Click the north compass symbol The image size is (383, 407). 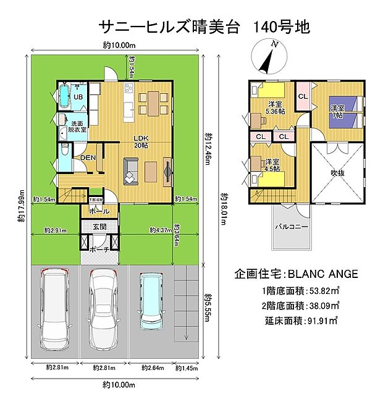coord(268,57)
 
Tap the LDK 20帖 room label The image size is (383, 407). coord(141,141)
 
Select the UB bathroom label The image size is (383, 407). coord(78,97)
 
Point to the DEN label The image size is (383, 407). coord(88,157)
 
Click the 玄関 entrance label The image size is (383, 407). coord(99,227)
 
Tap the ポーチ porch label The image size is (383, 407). coord(99,250)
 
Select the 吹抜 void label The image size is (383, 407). coord(337,173)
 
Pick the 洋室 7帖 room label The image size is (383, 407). coord(337,112)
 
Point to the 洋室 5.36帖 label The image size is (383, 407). coord(275,107)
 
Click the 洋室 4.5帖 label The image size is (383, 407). coord(272,165)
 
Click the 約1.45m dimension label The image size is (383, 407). coord(186,369)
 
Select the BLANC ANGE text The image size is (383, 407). coord(324,273)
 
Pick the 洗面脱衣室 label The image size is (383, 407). coord(78,127)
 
